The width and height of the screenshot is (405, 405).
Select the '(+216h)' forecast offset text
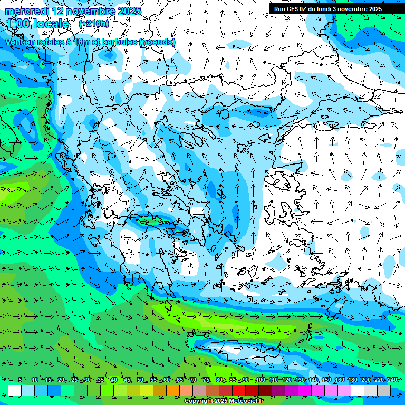(x=94, y=23)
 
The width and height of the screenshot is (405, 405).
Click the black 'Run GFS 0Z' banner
(x=327, y=8)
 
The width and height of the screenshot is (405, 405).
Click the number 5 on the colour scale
(x=20, y=380)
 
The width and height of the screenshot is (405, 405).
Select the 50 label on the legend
(x=140, y=380)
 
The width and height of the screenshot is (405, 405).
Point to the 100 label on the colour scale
(x=260, y=380)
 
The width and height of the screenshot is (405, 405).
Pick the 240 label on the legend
(x=392, y=380)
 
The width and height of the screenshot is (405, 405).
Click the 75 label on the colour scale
(x=206, y=380)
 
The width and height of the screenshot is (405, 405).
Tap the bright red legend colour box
(x=239, y=390)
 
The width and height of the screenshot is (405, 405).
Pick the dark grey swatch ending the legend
(x=384, y=390)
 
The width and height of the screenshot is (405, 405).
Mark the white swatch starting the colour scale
(x=15, y=390)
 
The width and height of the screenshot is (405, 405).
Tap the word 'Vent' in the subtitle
(x=15, y=42)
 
